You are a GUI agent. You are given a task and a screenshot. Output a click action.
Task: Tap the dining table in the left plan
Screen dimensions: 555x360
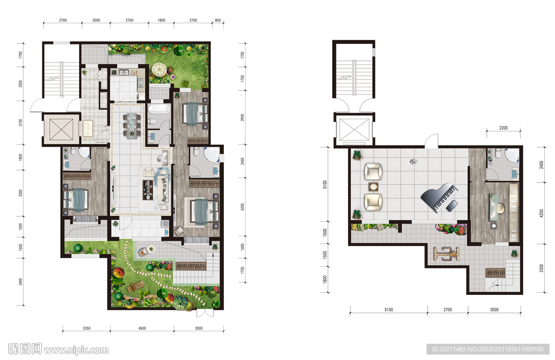[132, 124]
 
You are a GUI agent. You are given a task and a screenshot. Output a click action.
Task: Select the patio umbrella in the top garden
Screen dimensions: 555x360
[159, 69]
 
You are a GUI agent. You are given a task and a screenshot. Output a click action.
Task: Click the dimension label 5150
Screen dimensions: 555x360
[389, 310]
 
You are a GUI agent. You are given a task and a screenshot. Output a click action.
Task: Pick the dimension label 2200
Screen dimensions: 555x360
[503, 128]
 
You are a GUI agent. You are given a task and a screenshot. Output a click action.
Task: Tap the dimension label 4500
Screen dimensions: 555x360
[142, 329]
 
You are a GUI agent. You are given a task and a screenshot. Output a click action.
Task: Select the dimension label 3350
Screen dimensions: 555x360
[87, 329]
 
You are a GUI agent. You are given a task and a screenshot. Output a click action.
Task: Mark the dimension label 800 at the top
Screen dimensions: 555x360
[218, 20]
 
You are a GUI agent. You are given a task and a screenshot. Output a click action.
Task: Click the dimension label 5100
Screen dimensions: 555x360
[325, 184]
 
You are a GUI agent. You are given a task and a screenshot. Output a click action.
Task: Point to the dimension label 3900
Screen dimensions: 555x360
[242, 118]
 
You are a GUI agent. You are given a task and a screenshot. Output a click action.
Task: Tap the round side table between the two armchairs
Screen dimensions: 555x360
[373, 187]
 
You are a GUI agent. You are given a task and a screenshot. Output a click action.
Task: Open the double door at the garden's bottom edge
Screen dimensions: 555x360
[205, 313]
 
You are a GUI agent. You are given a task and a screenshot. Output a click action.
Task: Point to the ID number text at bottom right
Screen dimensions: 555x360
[488, 349]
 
